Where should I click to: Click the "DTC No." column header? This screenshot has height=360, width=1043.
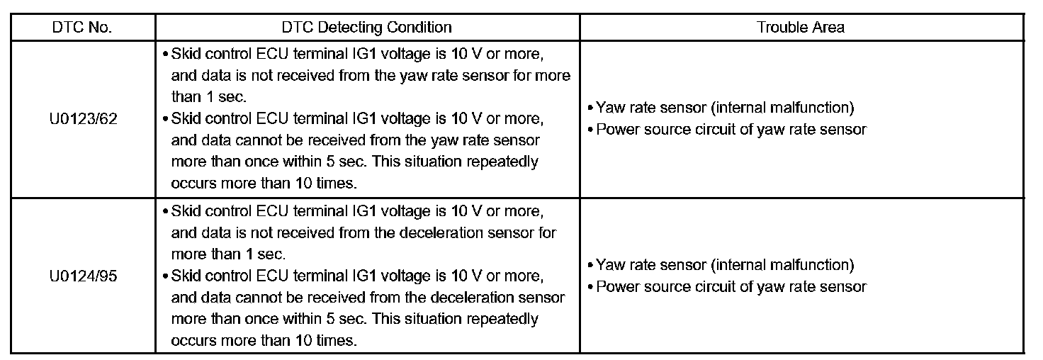point(82,28)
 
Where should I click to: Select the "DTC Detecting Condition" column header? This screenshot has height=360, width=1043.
point(366,28)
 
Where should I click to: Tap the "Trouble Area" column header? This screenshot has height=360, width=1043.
point(801,28)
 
